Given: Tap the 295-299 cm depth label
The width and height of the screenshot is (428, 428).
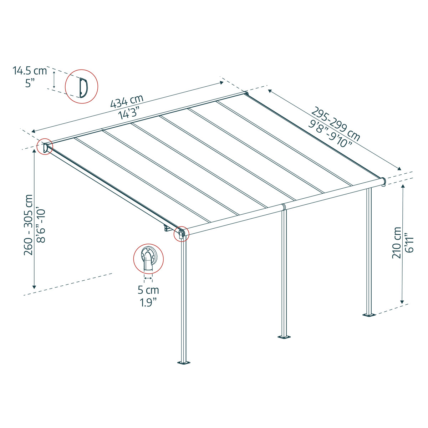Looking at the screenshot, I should pos(336,123).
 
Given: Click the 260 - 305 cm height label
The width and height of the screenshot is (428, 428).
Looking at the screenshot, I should pos(28,225).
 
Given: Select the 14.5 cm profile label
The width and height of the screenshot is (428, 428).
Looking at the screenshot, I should pos(30,71).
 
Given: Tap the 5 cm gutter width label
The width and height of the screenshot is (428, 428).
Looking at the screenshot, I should pos(148,290).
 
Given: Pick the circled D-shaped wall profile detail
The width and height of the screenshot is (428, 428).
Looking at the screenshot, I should pos(81,87).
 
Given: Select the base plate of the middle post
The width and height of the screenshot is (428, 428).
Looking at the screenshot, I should pos(284,336).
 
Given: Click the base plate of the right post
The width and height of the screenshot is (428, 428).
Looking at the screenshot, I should pos(368,315).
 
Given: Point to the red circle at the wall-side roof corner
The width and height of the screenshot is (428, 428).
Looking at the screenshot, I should pos(45,147).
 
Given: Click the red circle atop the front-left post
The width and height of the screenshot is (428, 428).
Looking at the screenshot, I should pos(181,234).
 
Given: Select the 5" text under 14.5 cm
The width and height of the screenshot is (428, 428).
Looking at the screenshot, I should pos(30,83).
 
